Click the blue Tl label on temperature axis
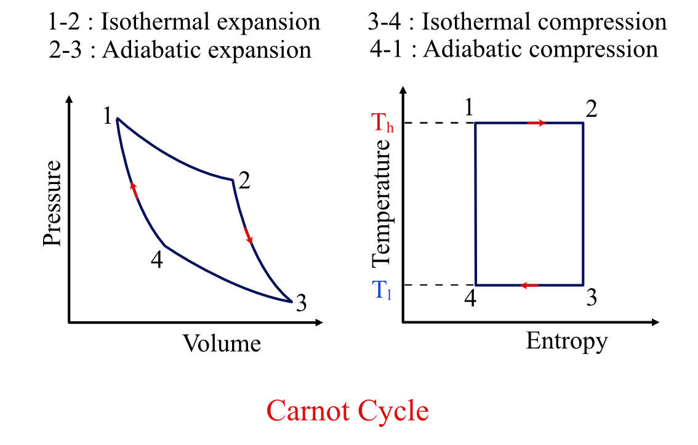[x=382, y=287]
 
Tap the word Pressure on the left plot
[x=53, y=203]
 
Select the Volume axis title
[x=222, y=343]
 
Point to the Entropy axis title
[x=566, y=340]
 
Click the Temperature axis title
[x=382, y=204]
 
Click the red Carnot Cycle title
[x=348, y=410]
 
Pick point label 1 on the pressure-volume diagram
[x=107, y=116]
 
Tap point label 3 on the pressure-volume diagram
[x=300, y=303]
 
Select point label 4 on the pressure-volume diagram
[x=156, y=260]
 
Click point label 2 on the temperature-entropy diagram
[x=592, y=110]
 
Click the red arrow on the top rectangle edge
[x=536, y=123]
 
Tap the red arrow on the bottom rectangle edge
[x=529, y=285]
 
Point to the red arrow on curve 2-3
[x=248, y=236]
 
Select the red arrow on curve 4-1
[x=134, y=190]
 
